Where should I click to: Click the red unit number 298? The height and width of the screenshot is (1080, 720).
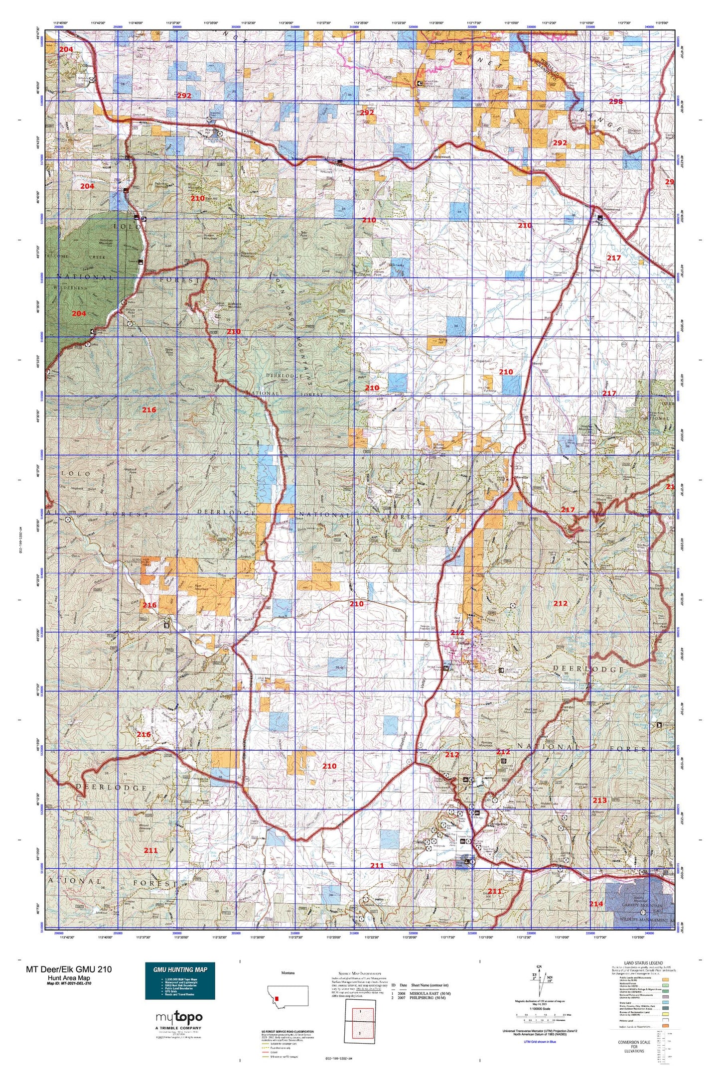pos(615,102)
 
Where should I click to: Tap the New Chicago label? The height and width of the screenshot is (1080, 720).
pos(595,270)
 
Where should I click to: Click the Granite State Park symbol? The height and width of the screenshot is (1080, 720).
pos(501,670)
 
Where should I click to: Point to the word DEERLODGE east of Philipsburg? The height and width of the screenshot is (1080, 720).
pos(588,670)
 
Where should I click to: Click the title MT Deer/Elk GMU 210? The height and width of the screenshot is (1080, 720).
pos(69,969)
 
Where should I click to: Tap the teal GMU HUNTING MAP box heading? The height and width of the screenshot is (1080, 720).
pos(180,969)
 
